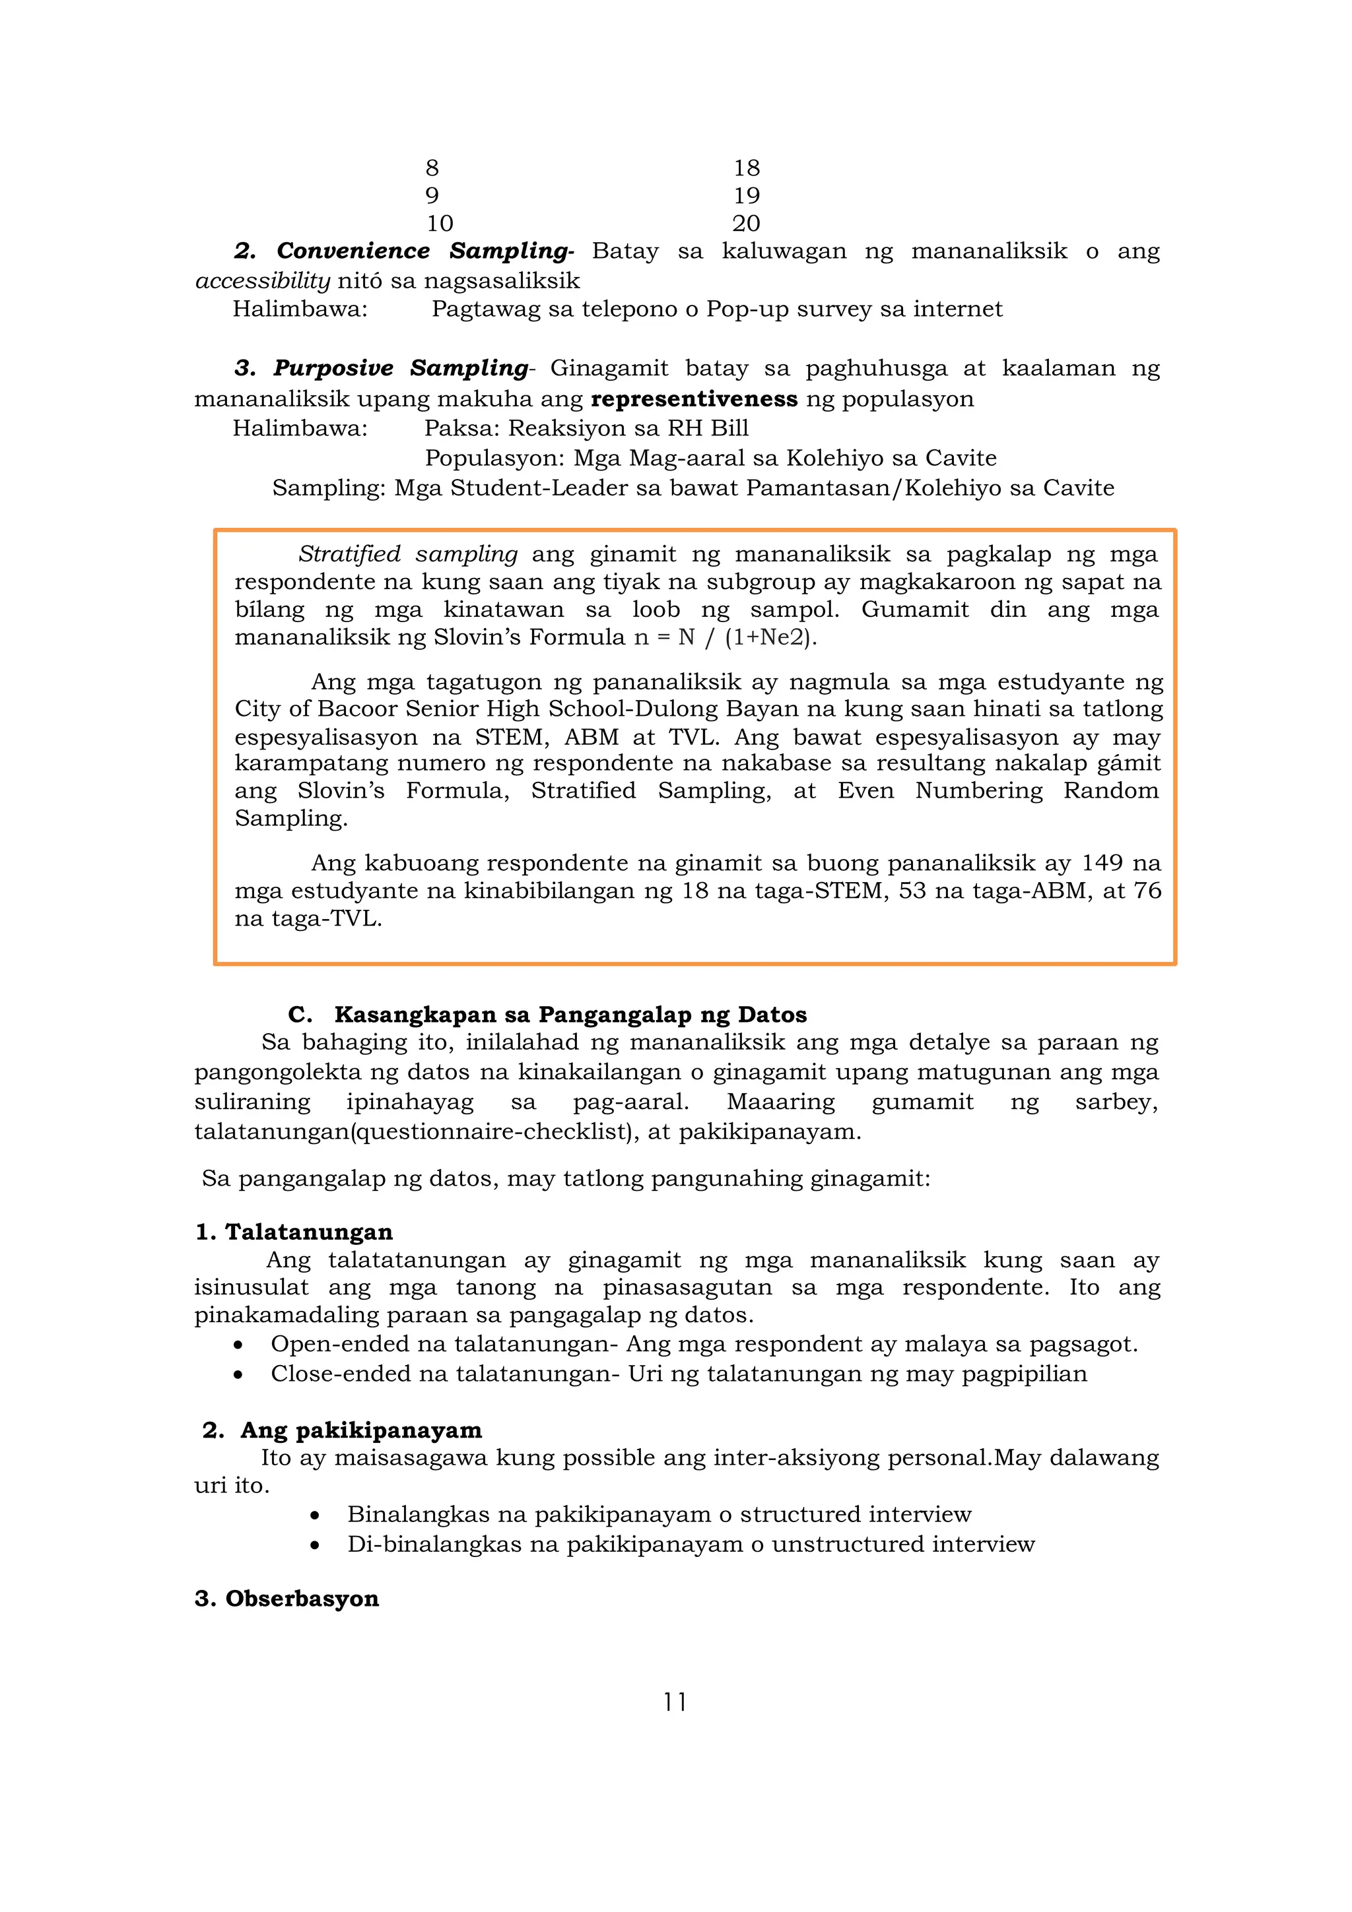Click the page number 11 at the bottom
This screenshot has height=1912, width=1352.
675,1702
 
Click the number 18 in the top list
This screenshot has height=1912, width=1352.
747,168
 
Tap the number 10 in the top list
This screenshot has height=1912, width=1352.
440,223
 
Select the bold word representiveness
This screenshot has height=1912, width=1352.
694,399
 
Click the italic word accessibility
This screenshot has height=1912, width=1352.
262,280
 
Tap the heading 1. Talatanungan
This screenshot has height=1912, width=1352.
293,1232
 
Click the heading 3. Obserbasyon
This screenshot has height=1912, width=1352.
287,1598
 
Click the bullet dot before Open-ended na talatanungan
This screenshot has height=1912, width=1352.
238,1345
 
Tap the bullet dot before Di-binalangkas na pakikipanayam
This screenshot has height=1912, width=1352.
315,1545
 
